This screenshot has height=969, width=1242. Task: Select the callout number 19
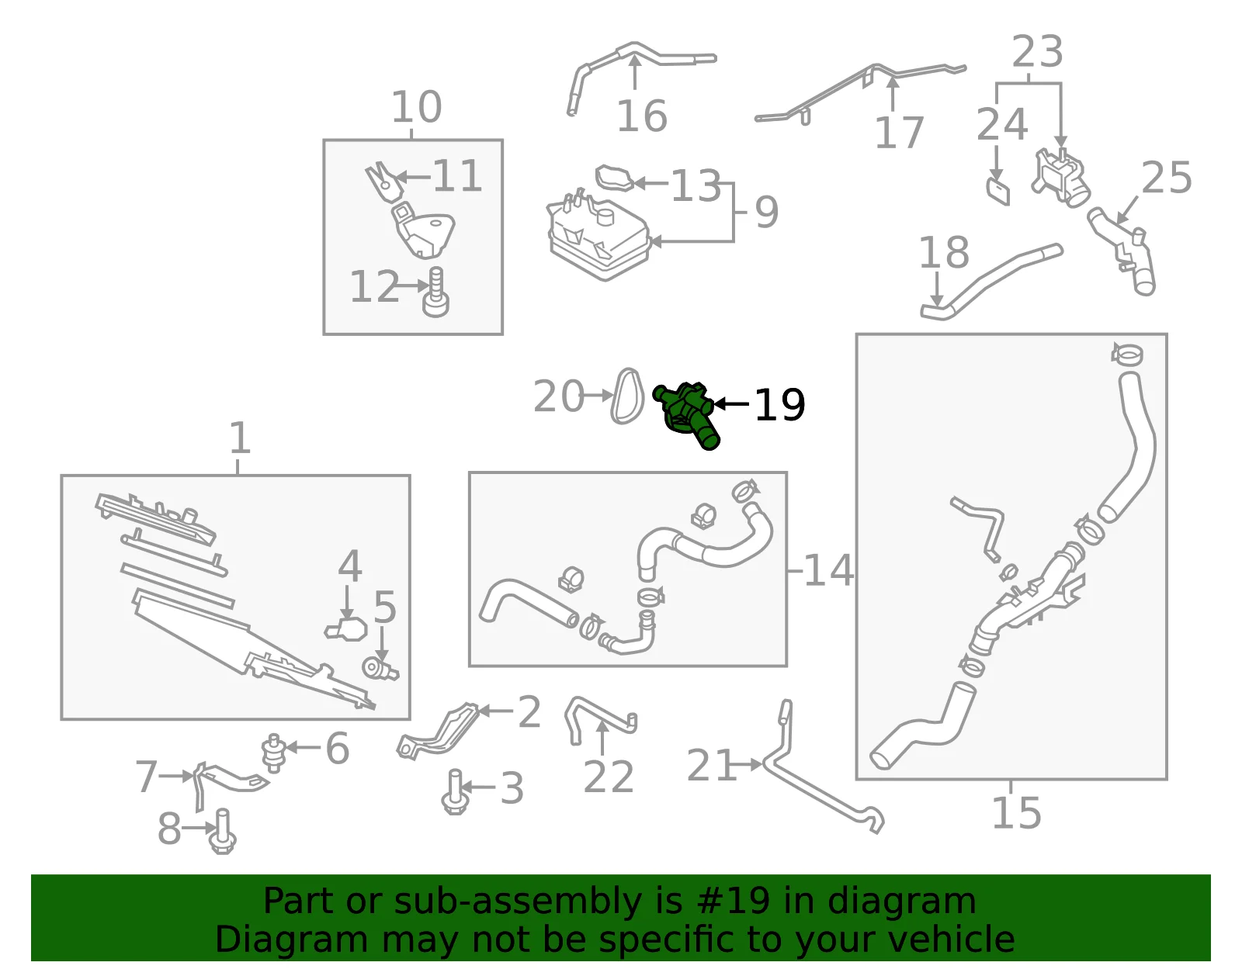point(779,405)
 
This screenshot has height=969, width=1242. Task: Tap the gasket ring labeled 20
point(626,396)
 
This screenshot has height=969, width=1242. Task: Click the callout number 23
point(1037,51)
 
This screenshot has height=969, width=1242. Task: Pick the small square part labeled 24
point(998,192)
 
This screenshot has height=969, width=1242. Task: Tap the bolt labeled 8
point(223,832)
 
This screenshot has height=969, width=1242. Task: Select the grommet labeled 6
point(274,753)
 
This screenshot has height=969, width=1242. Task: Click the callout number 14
point(829,570)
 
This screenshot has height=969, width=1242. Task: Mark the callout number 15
point(1017,812)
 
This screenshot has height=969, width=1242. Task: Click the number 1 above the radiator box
point(240,438)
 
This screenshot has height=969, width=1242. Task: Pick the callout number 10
point(416,107)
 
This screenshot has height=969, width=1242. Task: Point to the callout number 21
point(711,765)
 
